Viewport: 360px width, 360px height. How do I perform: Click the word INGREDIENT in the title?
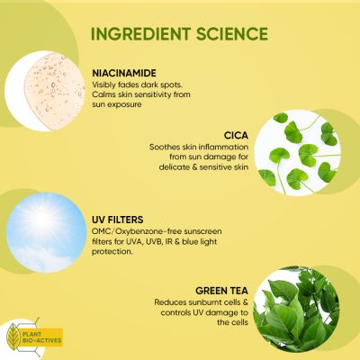(x=144, y=34)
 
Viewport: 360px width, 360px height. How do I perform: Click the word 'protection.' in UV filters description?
(x=112, y=252)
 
